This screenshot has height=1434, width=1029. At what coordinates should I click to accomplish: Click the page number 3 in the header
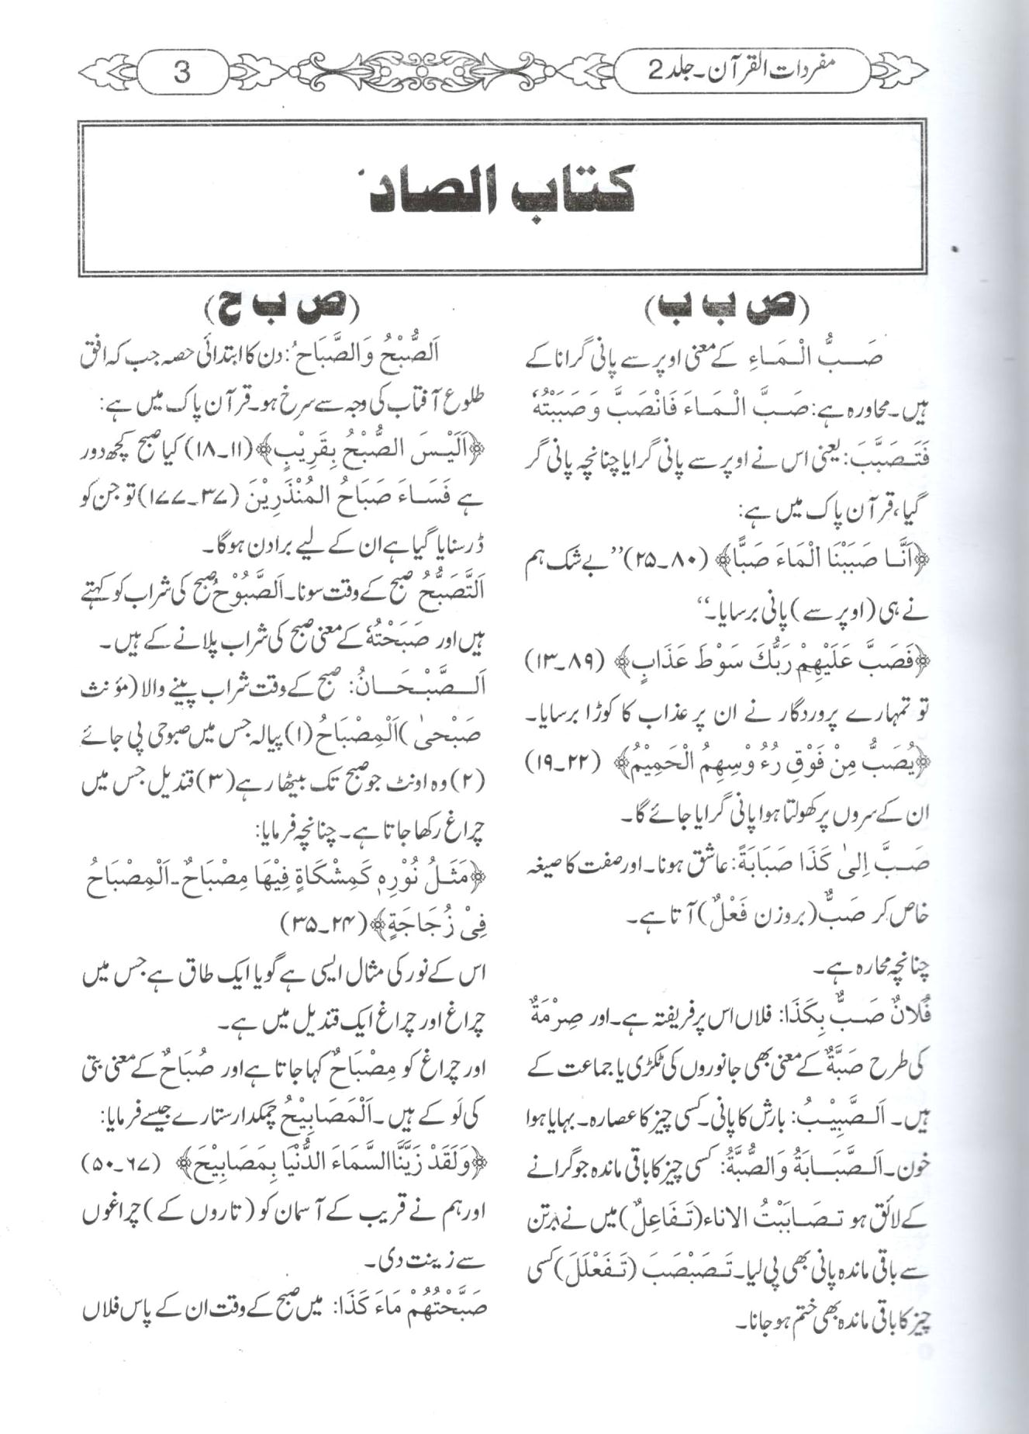coord(182,74)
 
